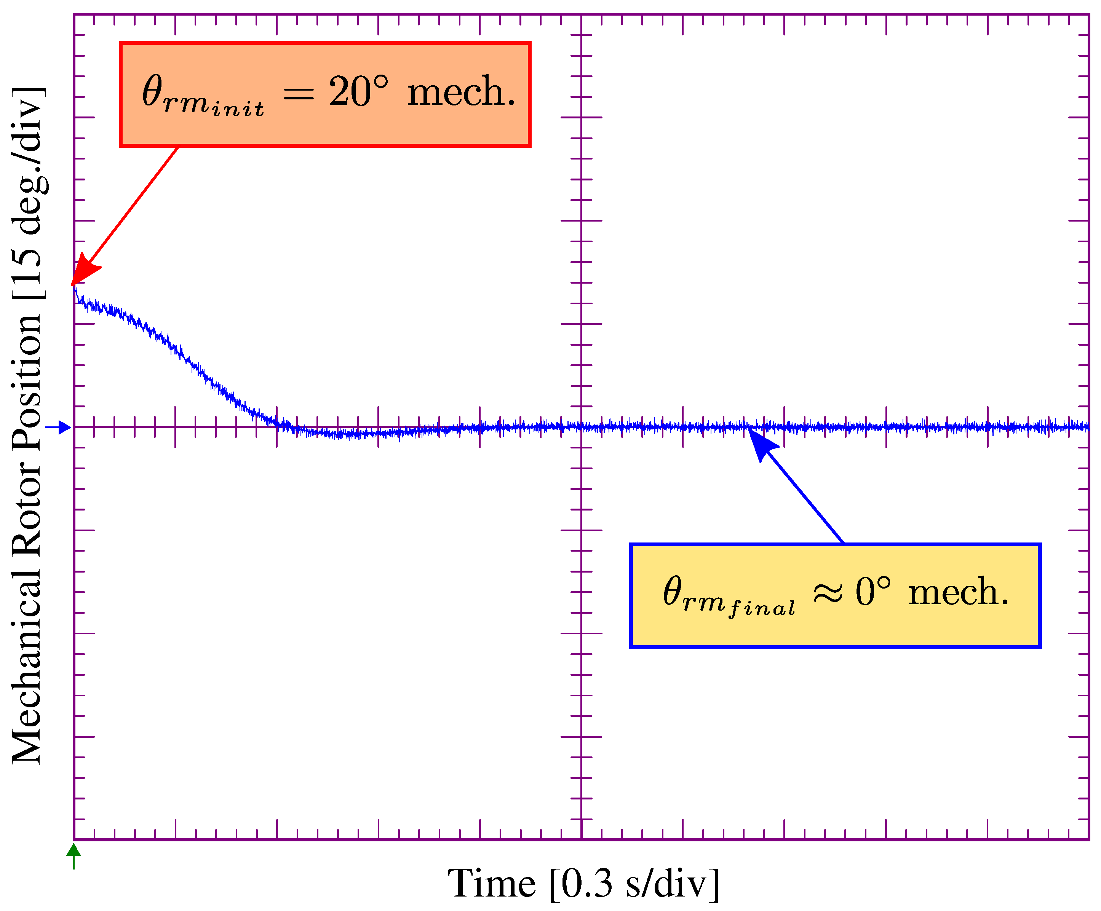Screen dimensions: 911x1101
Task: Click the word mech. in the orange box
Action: (461, 93)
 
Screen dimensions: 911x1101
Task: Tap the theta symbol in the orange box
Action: (153, 91)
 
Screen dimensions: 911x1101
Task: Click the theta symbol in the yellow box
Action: (672, 591)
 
